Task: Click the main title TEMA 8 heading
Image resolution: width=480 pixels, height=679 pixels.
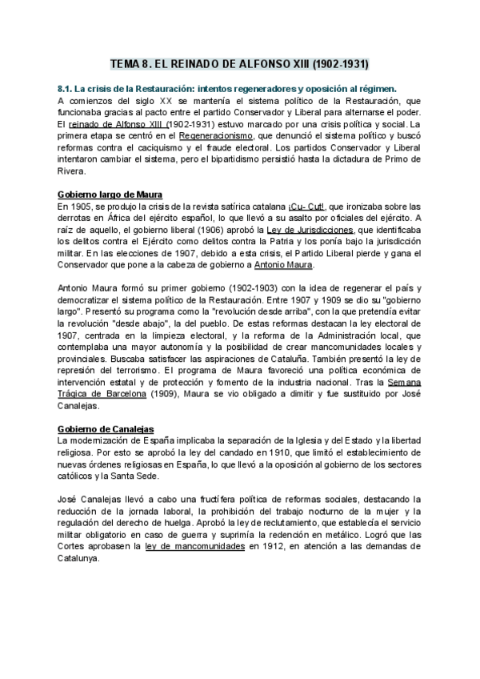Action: click(239, 63)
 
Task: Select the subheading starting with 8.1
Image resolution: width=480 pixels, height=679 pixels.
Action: click(228, 89)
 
